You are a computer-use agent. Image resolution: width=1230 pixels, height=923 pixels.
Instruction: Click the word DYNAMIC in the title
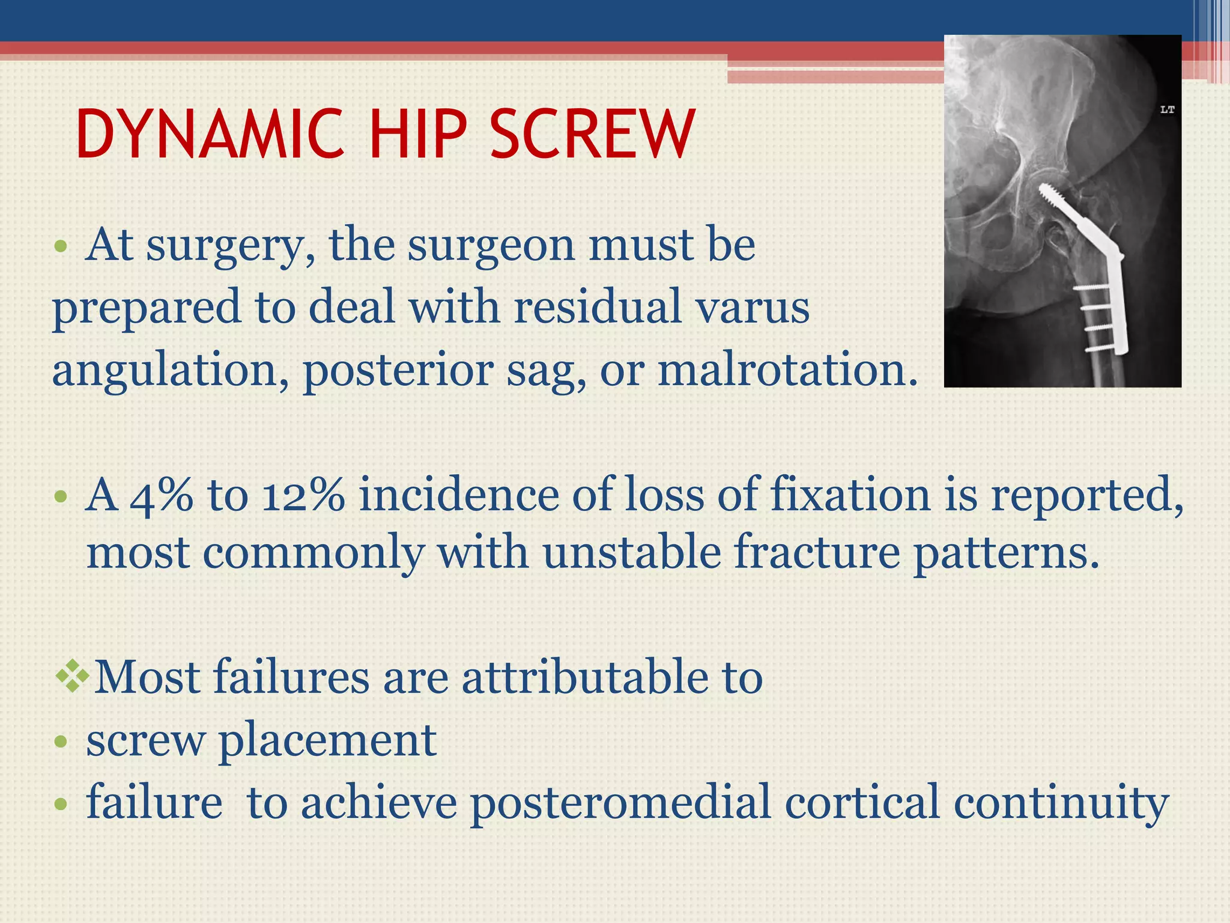210,135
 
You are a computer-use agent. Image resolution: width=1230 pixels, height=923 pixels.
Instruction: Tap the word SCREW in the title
592,135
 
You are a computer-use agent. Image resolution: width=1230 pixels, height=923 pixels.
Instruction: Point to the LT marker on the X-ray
1167,110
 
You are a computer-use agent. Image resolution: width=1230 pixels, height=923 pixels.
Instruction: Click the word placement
327,741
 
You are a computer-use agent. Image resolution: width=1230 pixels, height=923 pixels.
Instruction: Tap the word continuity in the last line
1061,803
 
